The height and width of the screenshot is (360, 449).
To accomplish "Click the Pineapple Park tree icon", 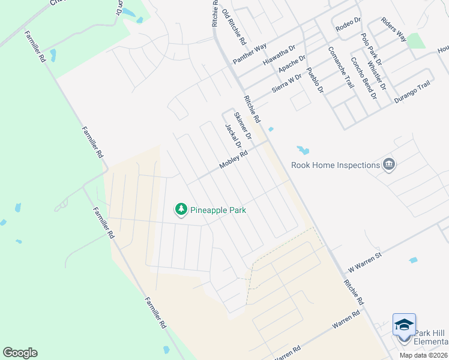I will [x=181, y=209].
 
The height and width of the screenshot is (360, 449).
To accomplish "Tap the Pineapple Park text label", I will [x=218, y=210].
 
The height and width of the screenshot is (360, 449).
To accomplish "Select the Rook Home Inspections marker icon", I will [x=389, y=164].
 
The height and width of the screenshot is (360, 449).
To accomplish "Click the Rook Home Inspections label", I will [x=336, y=165].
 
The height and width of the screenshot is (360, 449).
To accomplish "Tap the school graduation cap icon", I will [x=404, y=325].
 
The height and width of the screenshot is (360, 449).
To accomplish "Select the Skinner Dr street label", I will [x=242, y=126].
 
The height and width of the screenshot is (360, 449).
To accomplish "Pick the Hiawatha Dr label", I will [x=280, y=55].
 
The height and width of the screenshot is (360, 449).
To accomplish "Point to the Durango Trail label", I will [x=412, y=93].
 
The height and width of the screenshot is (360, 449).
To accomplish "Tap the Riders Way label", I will [x=394, y=31].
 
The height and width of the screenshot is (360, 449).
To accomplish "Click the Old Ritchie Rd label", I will [x=234, y=28].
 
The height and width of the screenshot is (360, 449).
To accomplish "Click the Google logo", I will [x=20, y=353].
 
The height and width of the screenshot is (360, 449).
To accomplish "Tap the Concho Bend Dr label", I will [x=363, y=78].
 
